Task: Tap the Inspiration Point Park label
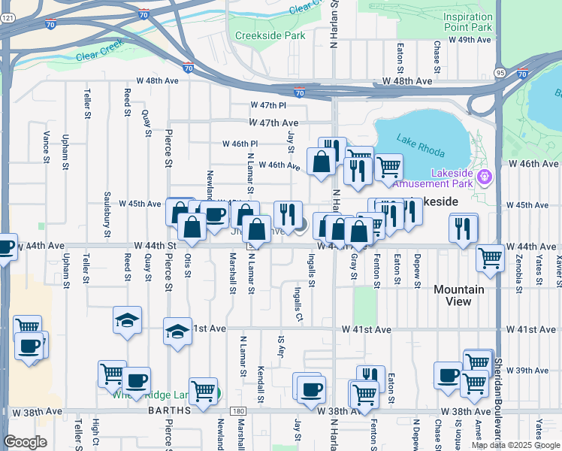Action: (x=467, y=23)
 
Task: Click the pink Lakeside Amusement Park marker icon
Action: (x=485, y=178)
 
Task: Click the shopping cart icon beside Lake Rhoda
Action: (x=388, y=166)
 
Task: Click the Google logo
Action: (x=26, y=442)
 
